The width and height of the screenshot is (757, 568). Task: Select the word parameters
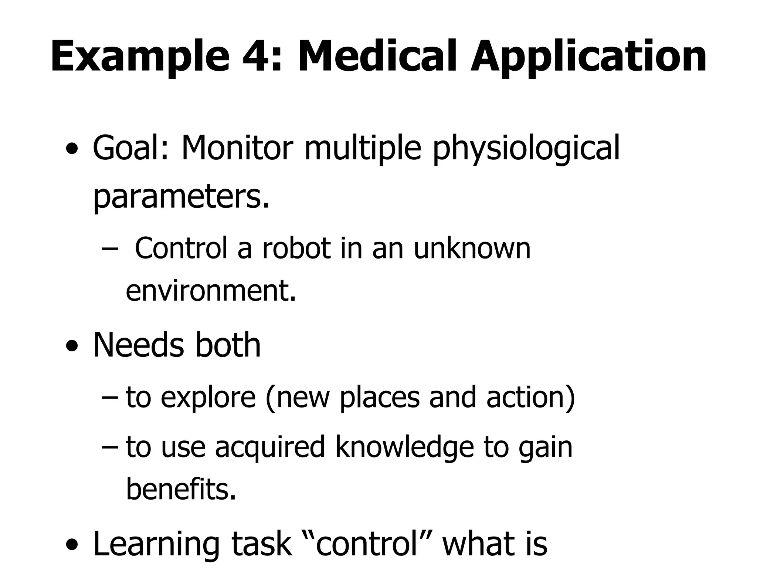point(181,197)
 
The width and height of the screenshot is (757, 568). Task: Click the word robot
point(296,248)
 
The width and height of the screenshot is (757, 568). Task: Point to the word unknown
point(472,248)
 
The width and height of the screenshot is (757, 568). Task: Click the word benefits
point(181,489)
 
